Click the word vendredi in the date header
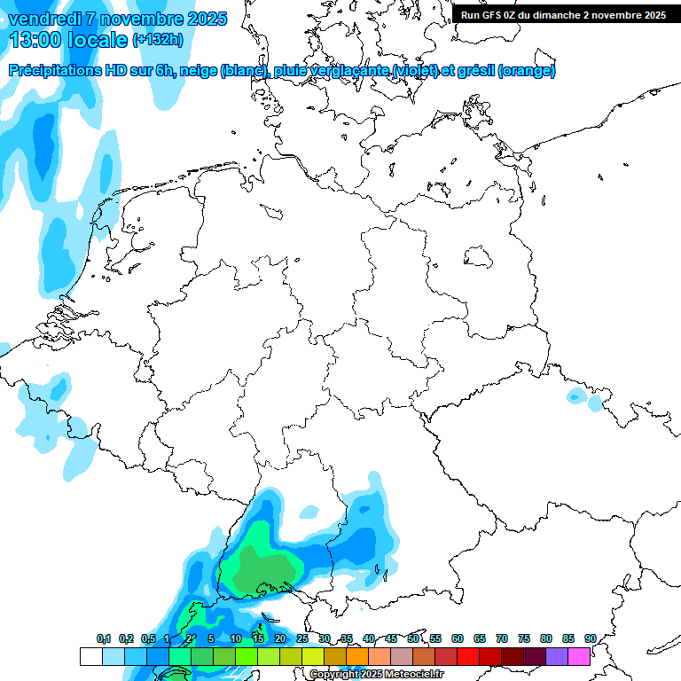click(43, 19)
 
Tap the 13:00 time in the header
click(37, 40)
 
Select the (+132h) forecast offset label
click(158, 40)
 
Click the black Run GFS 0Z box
click(563, 14)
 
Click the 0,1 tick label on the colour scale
click(103, 639)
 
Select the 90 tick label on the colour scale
click(590, 638)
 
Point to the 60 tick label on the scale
click(458, 638)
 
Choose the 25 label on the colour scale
click(302, 638)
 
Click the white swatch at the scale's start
click(90, 656)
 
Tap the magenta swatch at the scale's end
click(579, 656)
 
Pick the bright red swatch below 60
click(468, 656)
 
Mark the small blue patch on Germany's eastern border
click(585, 399)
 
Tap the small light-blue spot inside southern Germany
click(309, 512)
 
